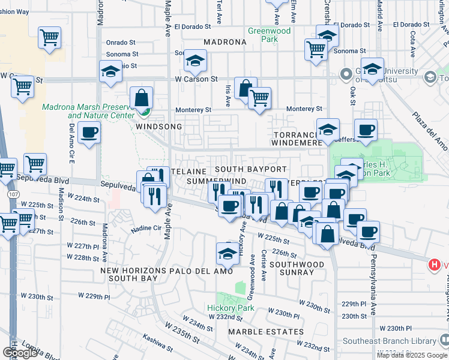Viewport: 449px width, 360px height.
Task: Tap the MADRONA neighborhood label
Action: coord(225,43)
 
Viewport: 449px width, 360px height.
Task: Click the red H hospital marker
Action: coord(434,264)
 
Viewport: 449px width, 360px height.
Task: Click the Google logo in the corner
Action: coord(20,353)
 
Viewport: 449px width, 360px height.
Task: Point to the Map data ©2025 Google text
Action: coord(412,355)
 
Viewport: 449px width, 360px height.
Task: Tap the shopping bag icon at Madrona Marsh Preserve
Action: coord(141,98)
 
